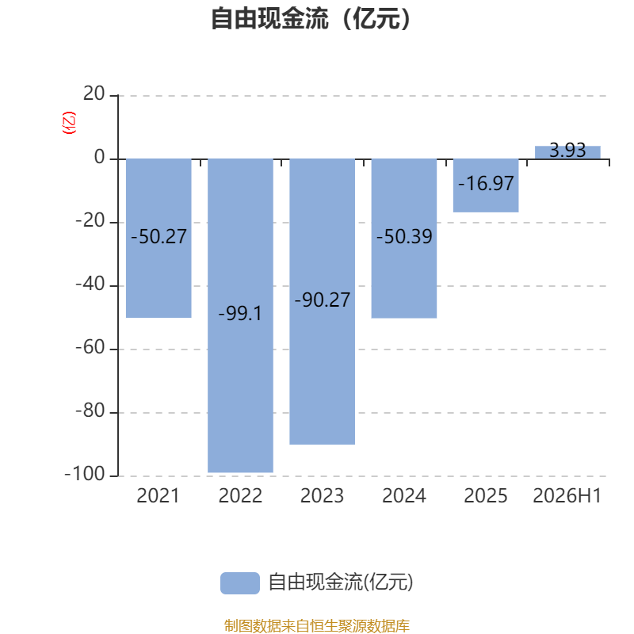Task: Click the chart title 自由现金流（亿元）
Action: [x=311, y=18]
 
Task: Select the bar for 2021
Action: [x=158, y=239]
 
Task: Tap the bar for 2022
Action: [x=241, y=315]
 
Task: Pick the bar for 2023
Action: [x=323, y=302]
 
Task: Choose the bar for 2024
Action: [x=404, y=239]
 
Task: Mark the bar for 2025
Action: [x=486, y=185]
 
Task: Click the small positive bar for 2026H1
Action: [x=567, y=152]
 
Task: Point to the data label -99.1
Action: [x=240, y=313]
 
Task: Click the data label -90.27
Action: [x=323, y=300]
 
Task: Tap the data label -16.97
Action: [x=486, y=184]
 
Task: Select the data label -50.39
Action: [x=404, y=236]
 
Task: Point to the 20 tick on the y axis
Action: [x=94, y=94]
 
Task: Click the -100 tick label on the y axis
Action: [x=85, y=474]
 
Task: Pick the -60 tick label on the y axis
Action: [x=90, y=347]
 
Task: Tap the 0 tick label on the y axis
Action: [x=100, y=157]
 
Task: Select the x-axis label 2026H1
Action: [x=567, y=496]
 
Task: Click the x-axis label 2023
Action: [x=323, y=496]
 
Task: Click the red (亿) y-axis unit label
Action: [x=69, y=123]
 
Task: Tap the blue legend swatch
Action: [x=240, y=583]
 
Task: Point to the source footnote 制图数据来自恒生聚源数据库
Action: [x=317, y=625]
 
